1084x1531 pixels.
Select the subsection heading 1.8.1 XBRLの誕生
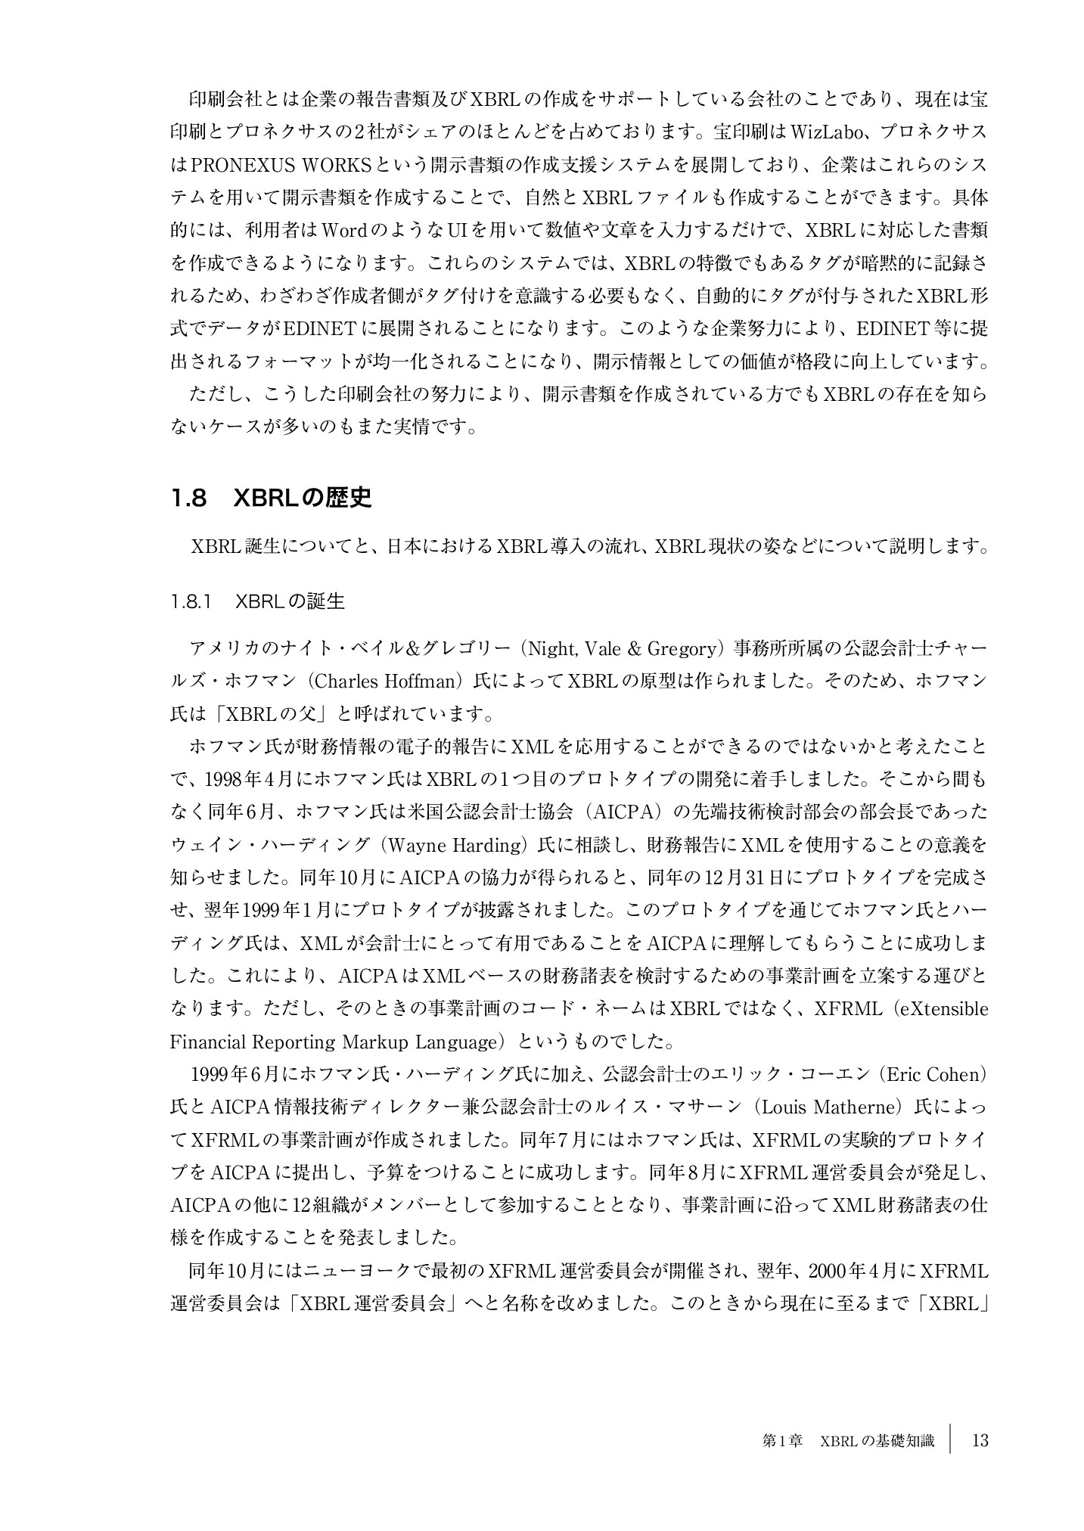[258, 601]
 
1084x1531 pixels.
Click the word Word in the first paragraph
[344, 230]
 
